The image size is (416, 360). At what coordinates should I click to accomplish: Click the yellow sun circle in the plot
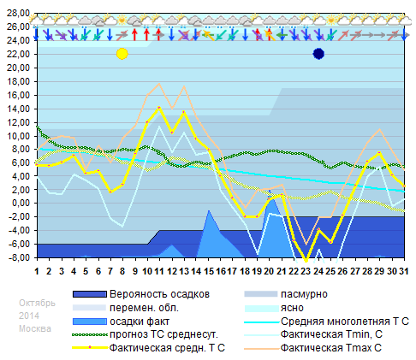pyautogui.click(x=122, y=54)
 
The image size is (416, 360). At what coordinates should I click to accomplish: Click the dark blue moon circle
pyautogui.click(x=318, y=54)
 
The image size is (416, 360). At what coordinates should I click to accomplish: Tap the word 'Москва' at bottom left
pyautogui.click(x=35, y=329)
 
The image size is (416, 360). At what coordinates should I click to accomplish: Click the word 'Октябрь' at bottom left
pyautogui.click(x=38, y=303)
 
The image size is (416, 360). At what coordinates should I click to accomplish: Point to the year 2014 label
pyautogui.click(x=29, y=316)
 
